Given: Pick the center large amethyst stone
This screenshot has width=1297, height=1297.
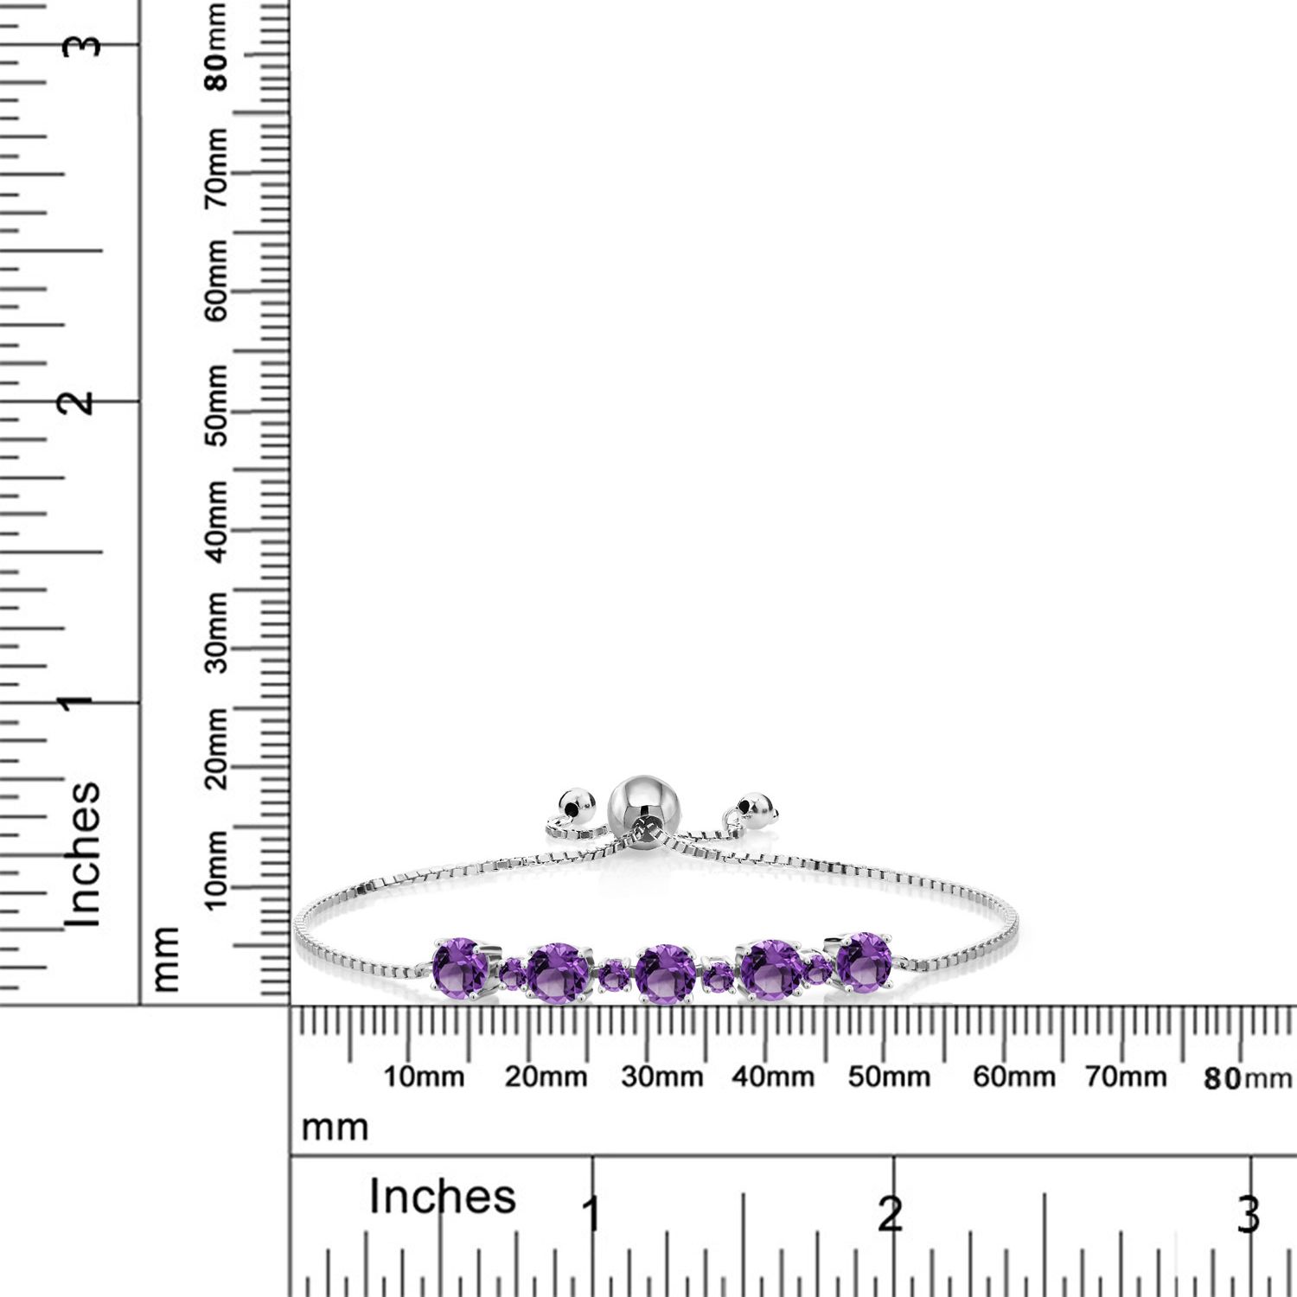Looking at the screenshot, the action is point(664,974).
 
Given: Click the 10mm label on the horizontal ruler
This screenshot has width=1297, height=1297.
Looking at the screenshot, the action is point(424,1077).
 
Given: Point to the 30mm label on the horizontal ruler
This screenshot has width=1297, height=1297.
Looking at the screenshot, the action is point(662,1077).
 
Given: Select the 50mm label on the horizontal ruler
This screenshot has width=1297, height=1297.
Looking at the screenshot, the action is point(889,1077).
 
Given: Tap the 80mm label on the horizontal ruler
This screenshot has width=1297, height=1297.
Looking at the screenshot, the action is point(1248,1078).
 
